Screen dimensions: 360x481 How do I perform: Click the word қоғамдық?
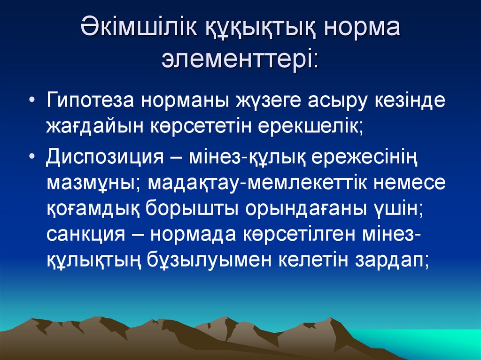94,209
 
